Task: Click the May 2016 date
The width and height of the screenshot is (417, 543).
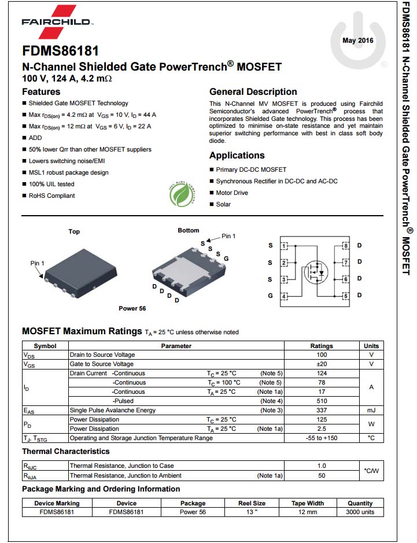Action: (358, 40)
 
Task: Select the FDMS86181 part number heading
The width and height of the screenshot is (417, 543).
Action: (60, 51)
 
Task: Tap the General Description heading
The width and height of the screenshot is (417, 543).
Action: (253, 91)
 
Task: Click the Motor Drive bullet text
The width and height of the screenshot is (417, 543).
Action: (232, 193)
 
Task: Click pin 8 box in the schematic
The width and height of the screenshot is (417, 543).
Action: (346, 246)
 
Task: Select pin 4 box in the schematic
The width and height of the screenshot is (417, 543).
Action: (284, 297)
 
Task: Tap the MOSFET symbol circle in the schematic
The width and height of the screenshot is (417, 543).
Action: (316, 270)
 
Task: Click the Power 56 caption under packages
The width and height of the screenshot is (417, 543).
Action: (132, 308)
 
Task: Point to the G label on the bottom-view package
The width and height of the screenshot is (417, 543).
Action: (226, 258)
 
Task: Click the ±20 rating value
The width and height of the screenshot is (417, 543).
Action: (322, 364)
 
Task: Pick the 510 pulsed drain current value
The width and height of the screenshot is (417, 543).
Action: (322, 401)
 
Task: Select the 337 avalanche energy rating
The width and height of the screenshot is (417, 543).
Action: (322, 410)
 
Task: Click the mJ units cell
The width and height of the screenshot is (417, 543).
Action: (371, 410)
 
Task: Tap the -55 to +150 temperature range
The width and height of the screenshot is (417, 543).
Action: (322, 438)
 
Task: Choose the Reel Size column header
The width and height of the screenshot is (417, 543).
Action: (252, 503)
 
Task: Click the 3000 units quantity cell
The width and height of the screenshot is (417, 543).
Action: (360, 512)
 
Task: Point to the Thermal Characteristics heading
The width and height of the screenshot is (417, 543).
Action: (65, 451)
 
